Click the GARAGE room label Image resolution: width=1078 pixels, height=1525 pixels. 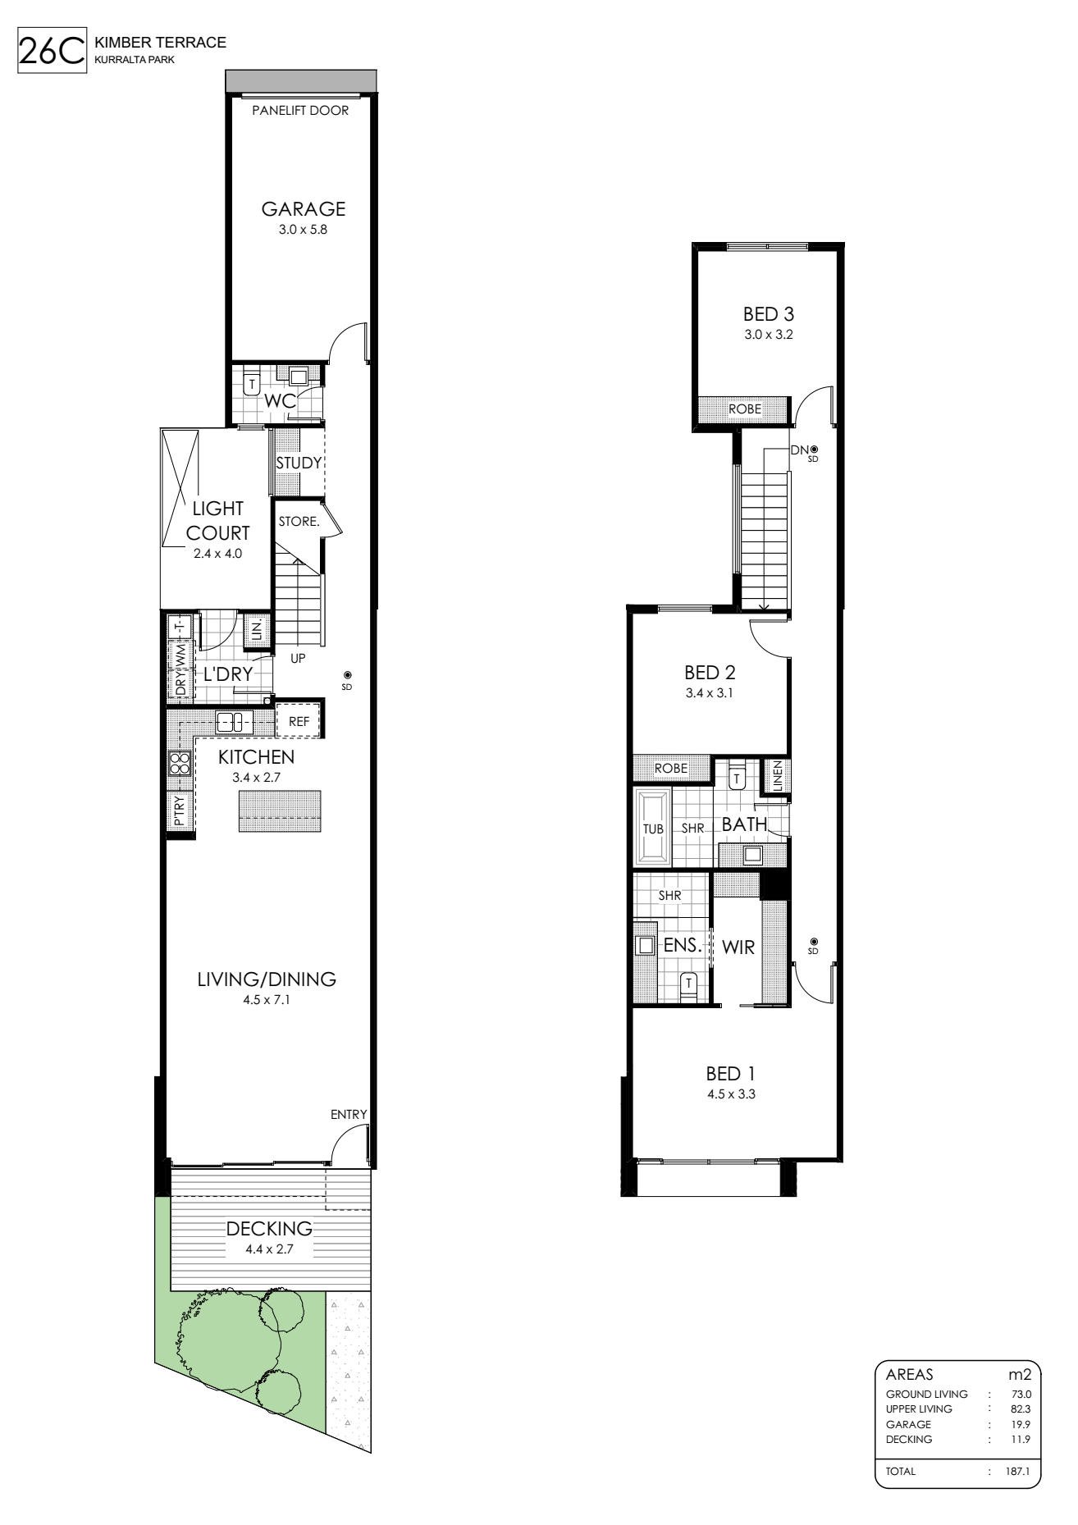303,209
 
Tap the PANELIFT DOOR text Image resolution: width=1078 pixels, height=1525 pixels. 300,111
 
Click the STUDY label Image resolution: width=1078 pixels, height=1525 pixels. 299,463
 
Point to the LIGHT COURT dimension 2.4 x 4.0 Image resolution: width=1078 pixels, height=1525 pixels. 218,554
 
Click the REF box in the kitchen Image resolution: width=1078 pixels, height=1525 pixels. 299,722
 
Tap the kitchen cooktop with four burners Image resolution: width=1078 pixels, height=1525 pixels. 180,764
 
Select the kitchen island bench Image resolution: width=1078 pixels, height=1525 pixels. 280,812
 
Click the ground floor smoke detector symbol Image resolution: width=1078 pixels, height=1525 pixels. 347,676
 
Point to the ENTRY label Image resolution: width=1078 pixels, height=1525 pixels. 349,1114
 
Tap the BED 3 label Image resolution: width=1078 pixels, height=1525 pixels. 768,313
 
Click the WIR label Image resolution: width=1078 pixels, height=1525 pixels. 738,947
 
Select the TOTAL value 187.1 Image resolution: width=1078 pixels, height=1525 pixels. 1017,1472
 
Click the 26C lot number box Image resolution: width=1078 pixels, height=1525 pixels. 52,51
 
